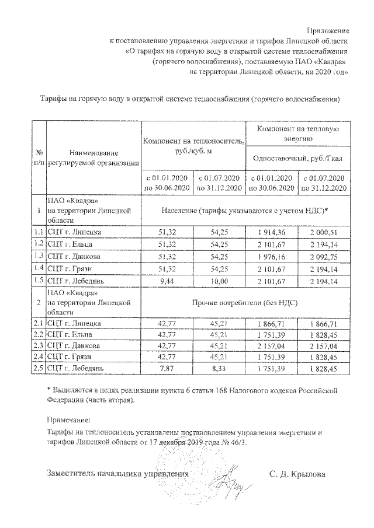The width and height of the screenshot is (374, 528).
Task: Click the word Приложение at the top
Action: [x=328, y=30]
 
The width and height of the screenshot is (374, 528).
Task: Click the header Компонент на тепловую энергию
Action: [x=298, y=133]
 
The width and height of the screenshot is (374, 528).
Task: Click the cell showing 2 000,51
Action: [x=323, y=232]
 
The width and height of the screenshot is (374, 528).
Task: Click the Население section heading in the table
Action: [x=244, y=209]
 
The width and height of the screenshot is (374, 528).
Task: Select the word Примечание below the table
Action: [x=69, y=419]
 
